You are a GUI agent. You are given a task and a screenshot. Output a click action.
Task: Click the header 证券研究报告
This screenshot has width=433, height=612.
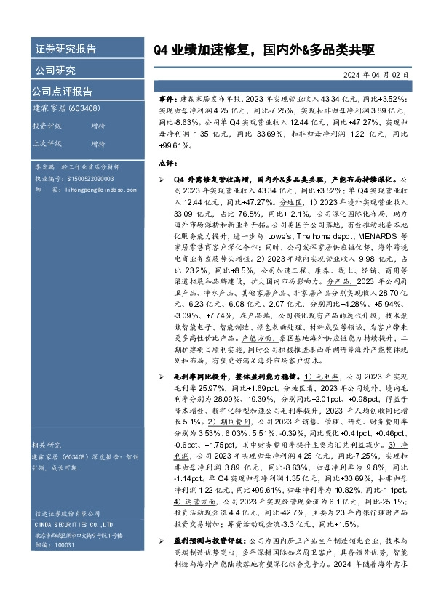click(x=65, y=49)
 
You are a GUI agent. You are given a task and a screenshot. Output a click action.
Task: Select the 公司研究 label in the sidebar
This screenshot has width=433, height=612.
click(x=55, y=71)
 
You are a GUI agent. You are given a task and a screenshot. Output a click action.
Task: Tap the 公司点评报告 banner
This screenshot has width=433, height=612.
click(x=61, y=92)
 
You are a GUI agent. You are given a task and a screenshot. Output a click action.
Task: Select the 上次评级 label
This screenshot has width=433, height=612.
click(x=47, y=143)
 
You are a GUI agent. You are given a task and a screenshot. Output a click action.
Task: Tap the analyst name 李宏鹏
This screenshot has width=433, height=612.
click(x=46, y=167)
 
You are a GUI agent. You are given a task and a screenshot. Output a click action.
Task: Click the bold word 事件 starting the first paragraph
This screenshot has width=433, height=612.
click(x=167, y=97)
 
